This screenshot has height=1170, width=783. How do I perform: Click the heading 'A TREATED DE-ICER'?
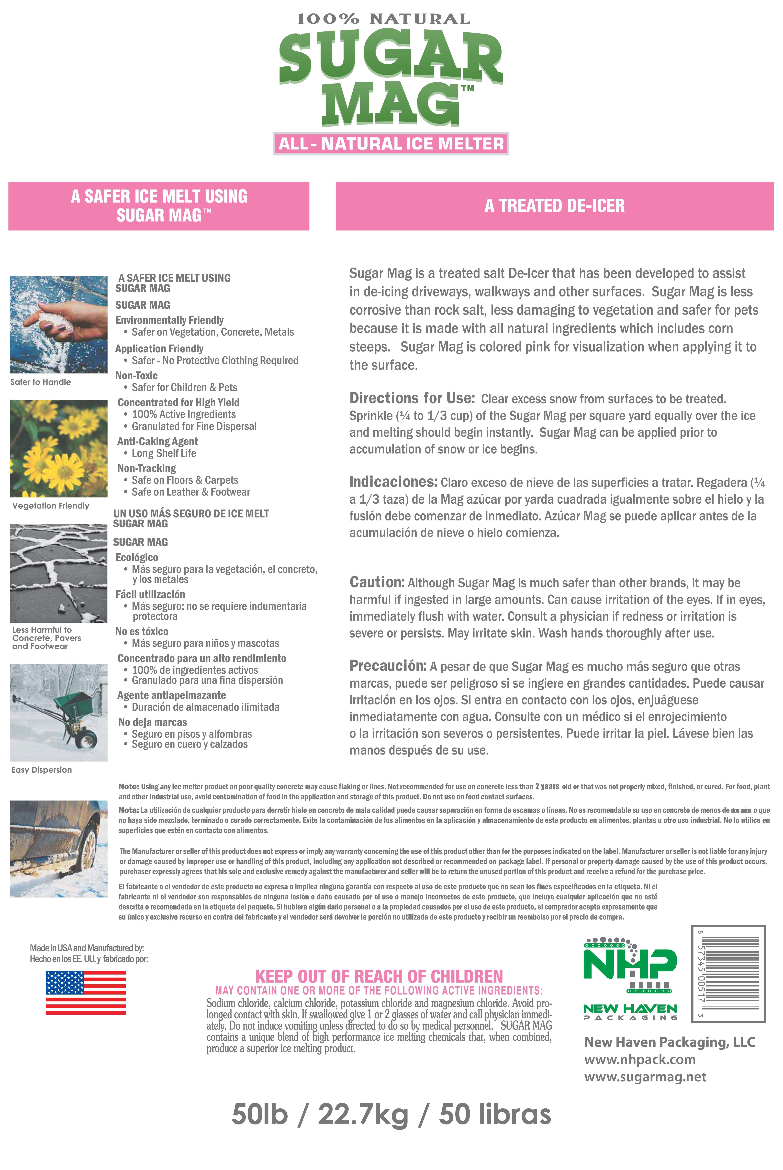[x=554, y=206]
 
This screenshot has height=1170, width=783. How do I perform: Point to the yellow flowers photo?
[x=58, y=448]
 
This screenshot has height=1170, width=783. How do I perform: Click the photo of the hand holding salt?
[x=58, y=325]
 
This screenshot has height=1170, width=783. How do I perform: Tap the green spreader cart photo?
[x=58, y=712]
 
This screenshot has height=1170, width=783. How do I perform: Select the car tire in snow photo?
[x=58, y=849]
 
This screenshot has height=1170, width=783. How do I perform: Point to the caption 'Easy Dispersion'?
[x=41, y=770]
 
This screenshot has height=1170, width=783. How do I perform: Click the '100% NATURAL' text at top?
[x=383, y=20]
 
